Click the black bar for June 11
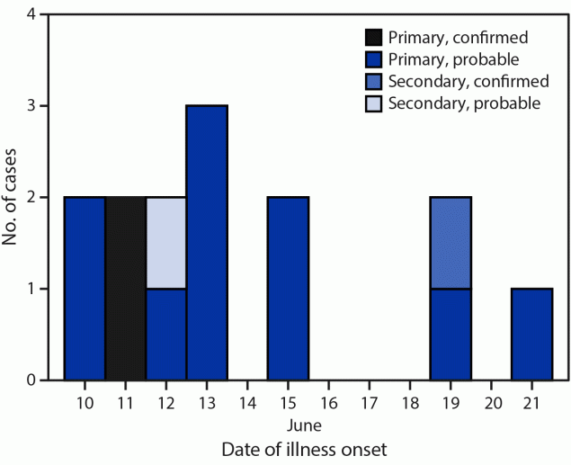(126, 289)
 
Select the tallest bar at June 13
(207, 243)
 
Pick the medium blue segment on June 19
(451, 243)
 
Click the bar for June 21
(531, 334)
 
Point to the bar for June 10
(85, 289)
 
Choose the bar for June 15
(288, 289)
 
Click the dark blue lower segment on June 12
(166, 334)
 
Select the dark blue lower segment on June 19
(451, 334)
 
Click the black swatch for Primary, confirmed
(373, 38)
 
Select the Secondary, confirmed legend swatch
(373, 81)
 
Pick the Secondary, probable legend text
(464, 103)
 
